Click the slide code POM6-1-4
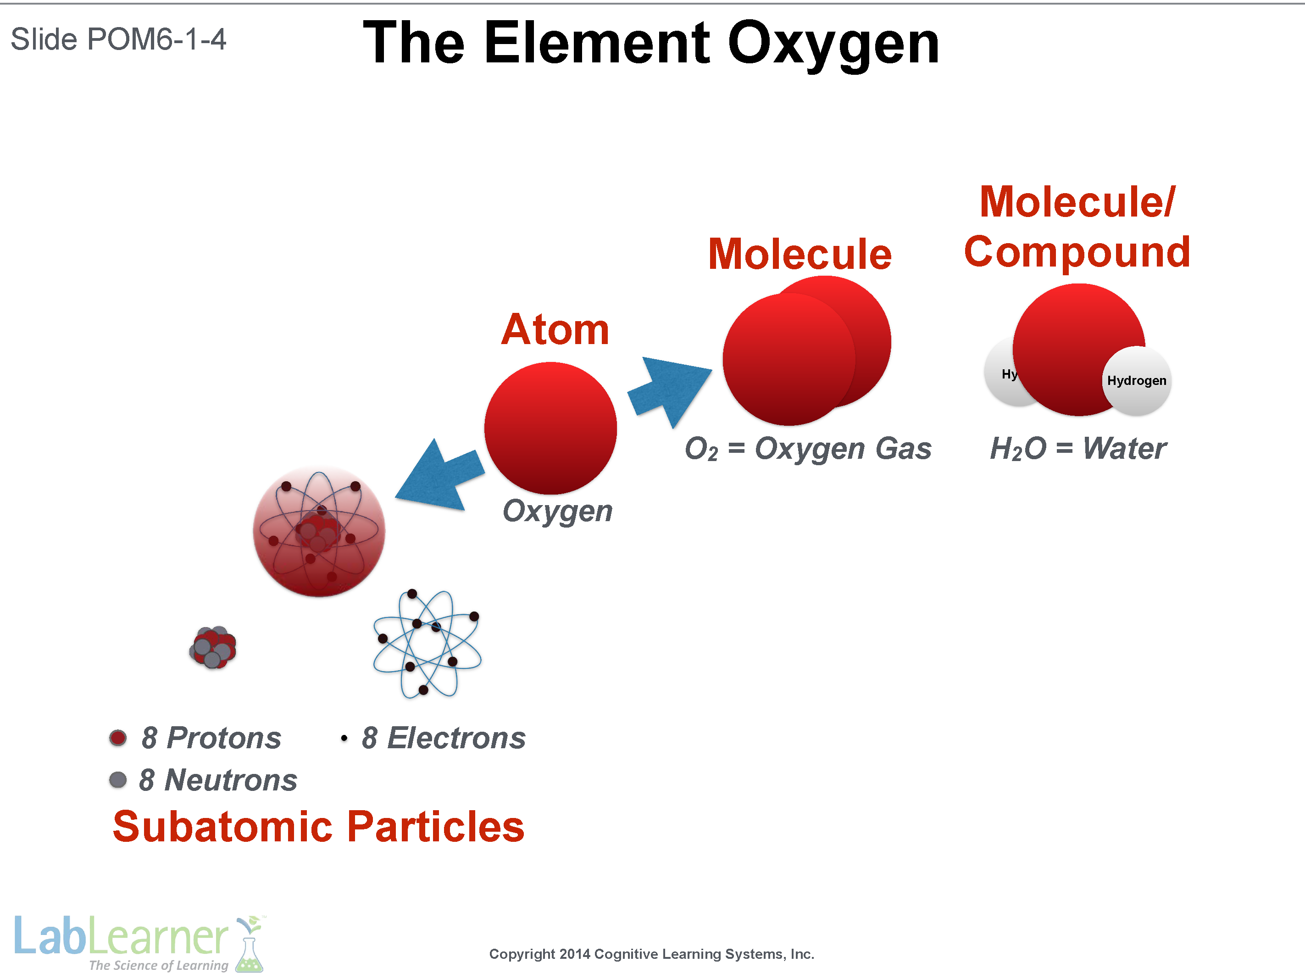[156, 39]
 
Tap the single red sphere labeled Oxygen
[550, 428]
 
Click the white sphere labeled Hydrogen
[1136, 381]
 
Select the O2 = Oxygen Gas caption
[808, 449]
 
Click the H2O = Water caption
[1077, 449]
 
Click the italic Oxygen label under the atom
[557, 511]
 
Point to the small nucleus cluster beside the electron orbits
[213, 647]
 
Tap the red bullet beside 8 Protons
[118, 738]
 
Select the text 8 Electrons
[443, 738]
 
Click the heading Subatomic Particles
[319, 826]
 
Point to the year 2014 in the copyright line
[575, 954]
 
